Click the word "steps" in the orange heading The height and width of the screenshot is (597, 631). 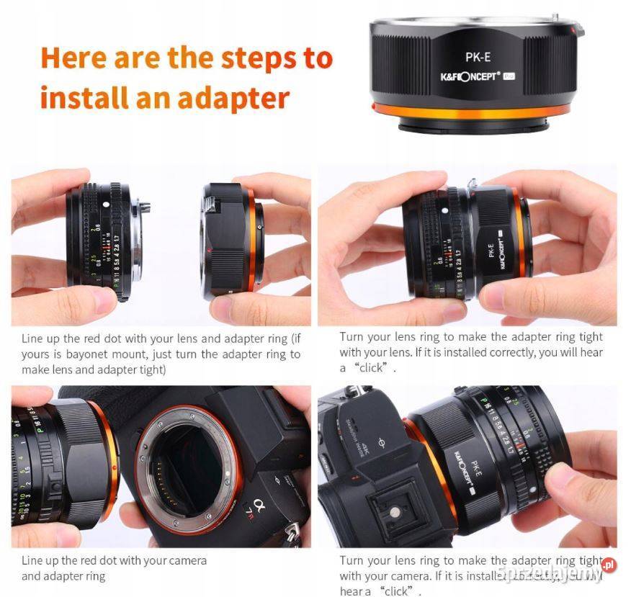[x=256, y=58]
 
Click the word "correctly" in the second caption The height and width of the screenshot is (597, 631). [x=518, y=353]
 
